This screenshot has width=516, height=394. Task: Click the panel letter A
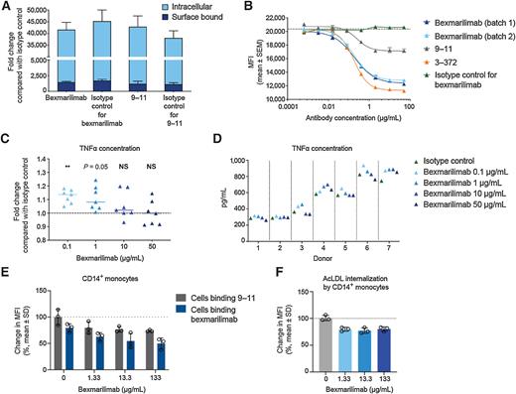pyautogui.click(x=7, y=7)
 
